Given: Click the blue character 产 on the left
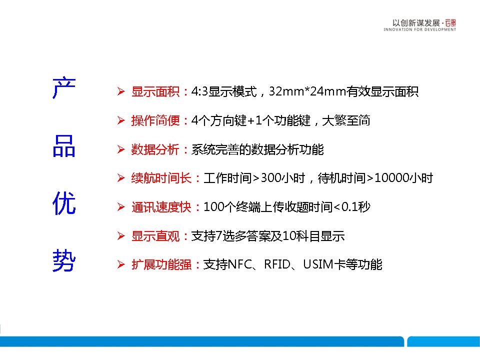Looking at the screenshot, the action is coord(64,88).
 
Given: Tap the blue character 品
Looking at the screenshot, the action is coord(64,146).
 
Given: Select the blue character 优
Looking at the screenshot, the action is coord(64,203).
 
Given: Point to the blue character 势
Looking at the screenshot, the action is coord(64,260).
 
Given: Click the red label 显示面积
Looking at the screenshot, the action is coord(155,91).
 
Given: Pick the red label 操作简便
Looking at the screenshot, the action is coord(155,120).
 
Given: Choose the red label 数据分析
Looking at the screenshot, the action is coord(155,149).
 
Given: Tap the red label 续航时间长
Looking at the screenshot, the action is coord(161,178).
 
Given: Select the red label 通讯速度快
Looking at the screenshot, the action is coord(161,207).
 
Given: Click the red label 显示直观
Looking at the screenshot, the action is coord(155,236).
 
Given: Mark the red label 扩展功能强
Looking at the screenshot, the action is coord(161,264).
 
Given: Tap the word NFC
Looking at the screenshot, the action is coord(239,264).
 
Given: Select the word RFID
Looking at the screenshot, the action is coord(277,264).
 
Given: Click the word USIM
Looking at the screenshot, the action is coord(318,264).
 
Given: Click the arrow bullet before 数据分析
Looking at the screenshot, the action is coord(121,149).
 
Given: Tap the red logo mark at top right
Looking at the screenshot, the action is coord(450,23).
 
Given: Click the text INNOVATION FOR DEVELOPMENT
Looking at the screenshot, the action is coord(419,29).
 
